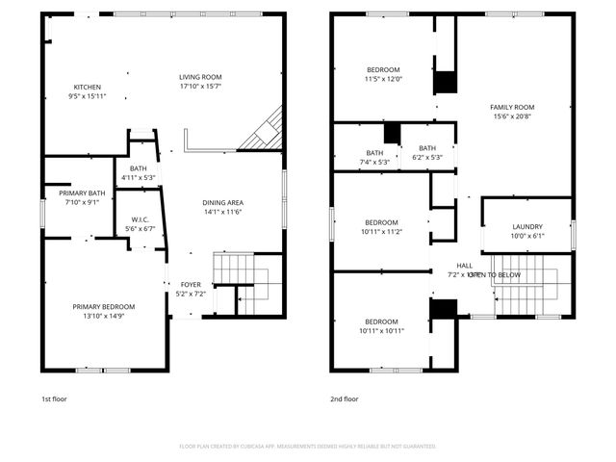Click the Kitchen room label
(86, 86)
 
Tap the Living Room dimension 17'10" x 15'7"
(200, 88)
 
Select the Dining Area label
(222, 202)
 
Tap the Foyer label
(191, 285)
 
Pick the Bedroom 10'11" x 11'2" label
(381, 226)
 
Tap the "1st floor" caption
(54, 398)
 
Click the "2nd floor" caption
(345, 398)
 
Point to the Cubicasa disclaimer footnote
(308, 446)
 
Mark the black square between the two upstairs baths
(391, 133)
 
